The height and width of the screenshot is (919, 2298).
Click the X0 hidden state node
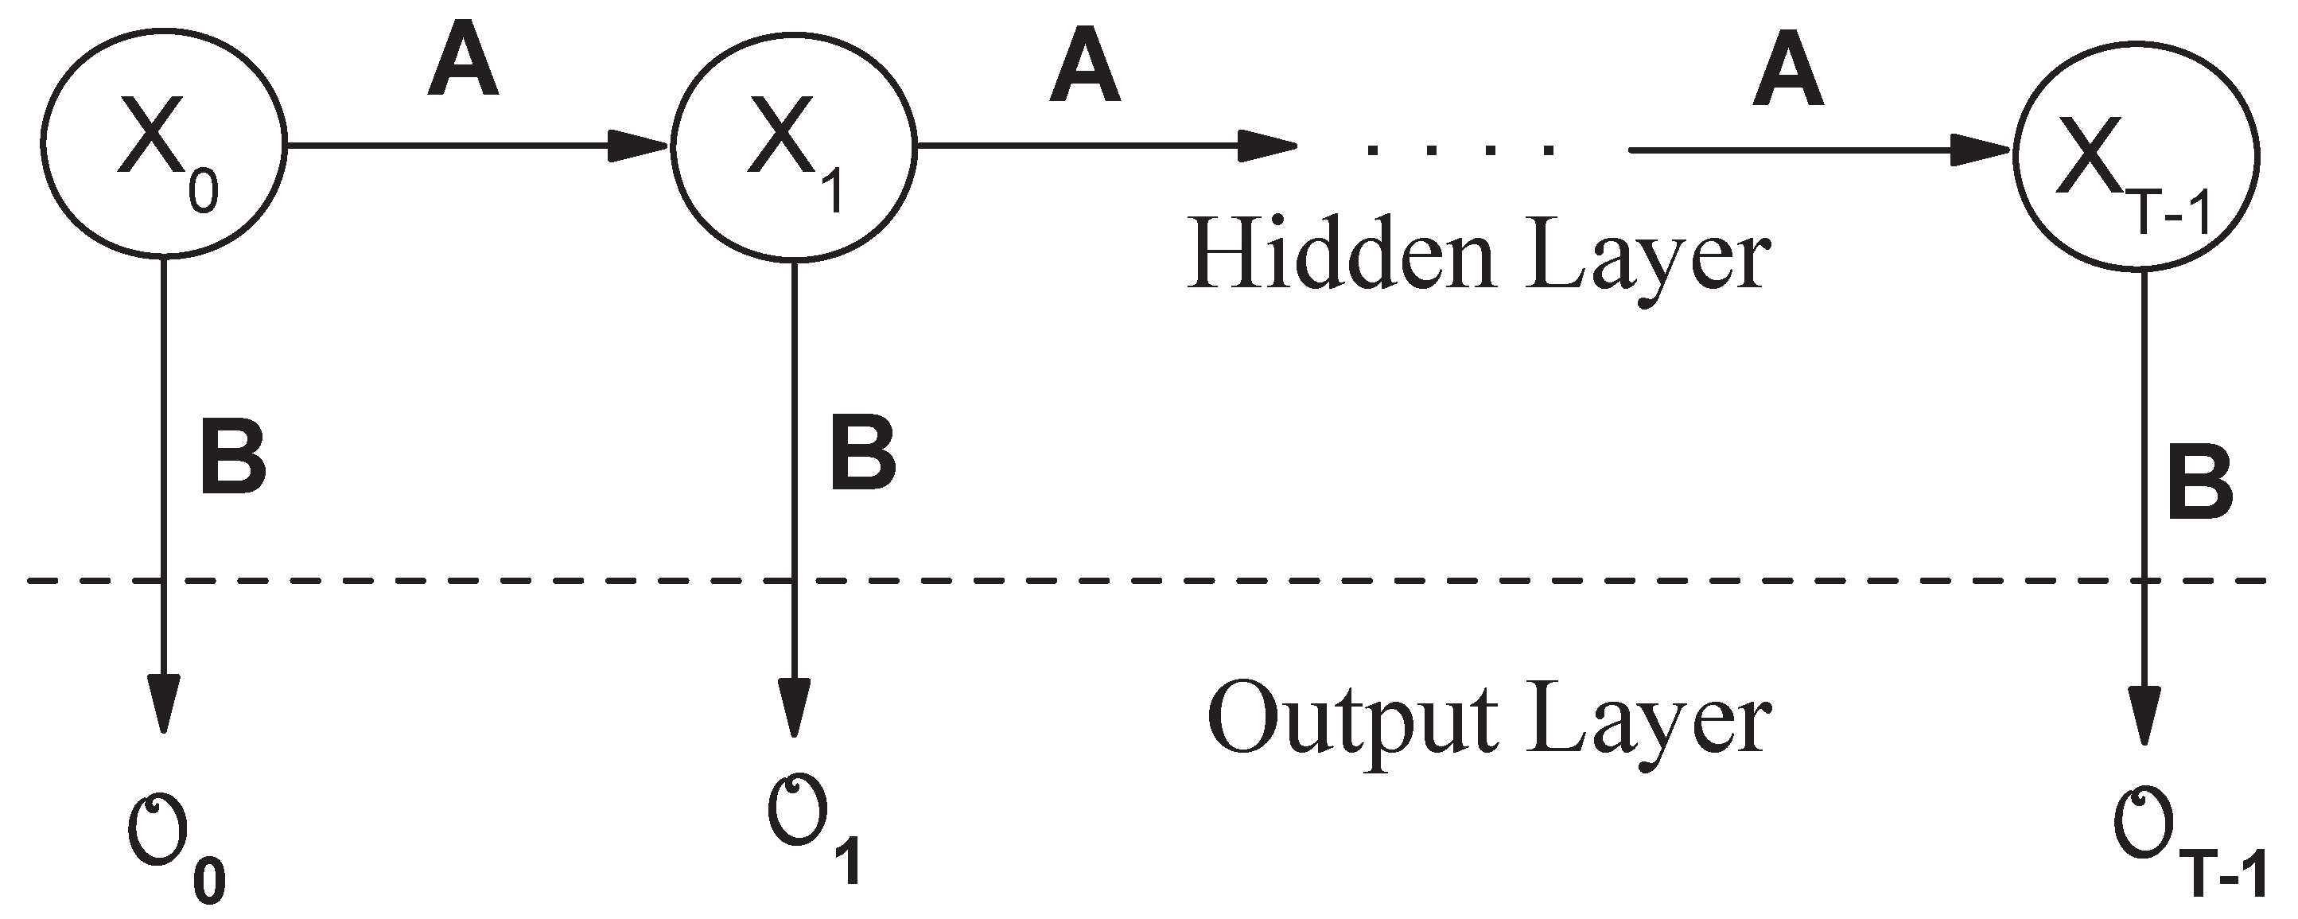point(163,142)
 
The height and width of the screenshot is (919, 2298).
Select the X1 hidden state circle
point(794,146)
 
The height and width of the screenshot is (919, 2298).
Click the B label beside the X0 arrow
point(233,463)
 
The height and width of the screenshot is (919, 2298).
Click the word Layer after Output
point(1647,721)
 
